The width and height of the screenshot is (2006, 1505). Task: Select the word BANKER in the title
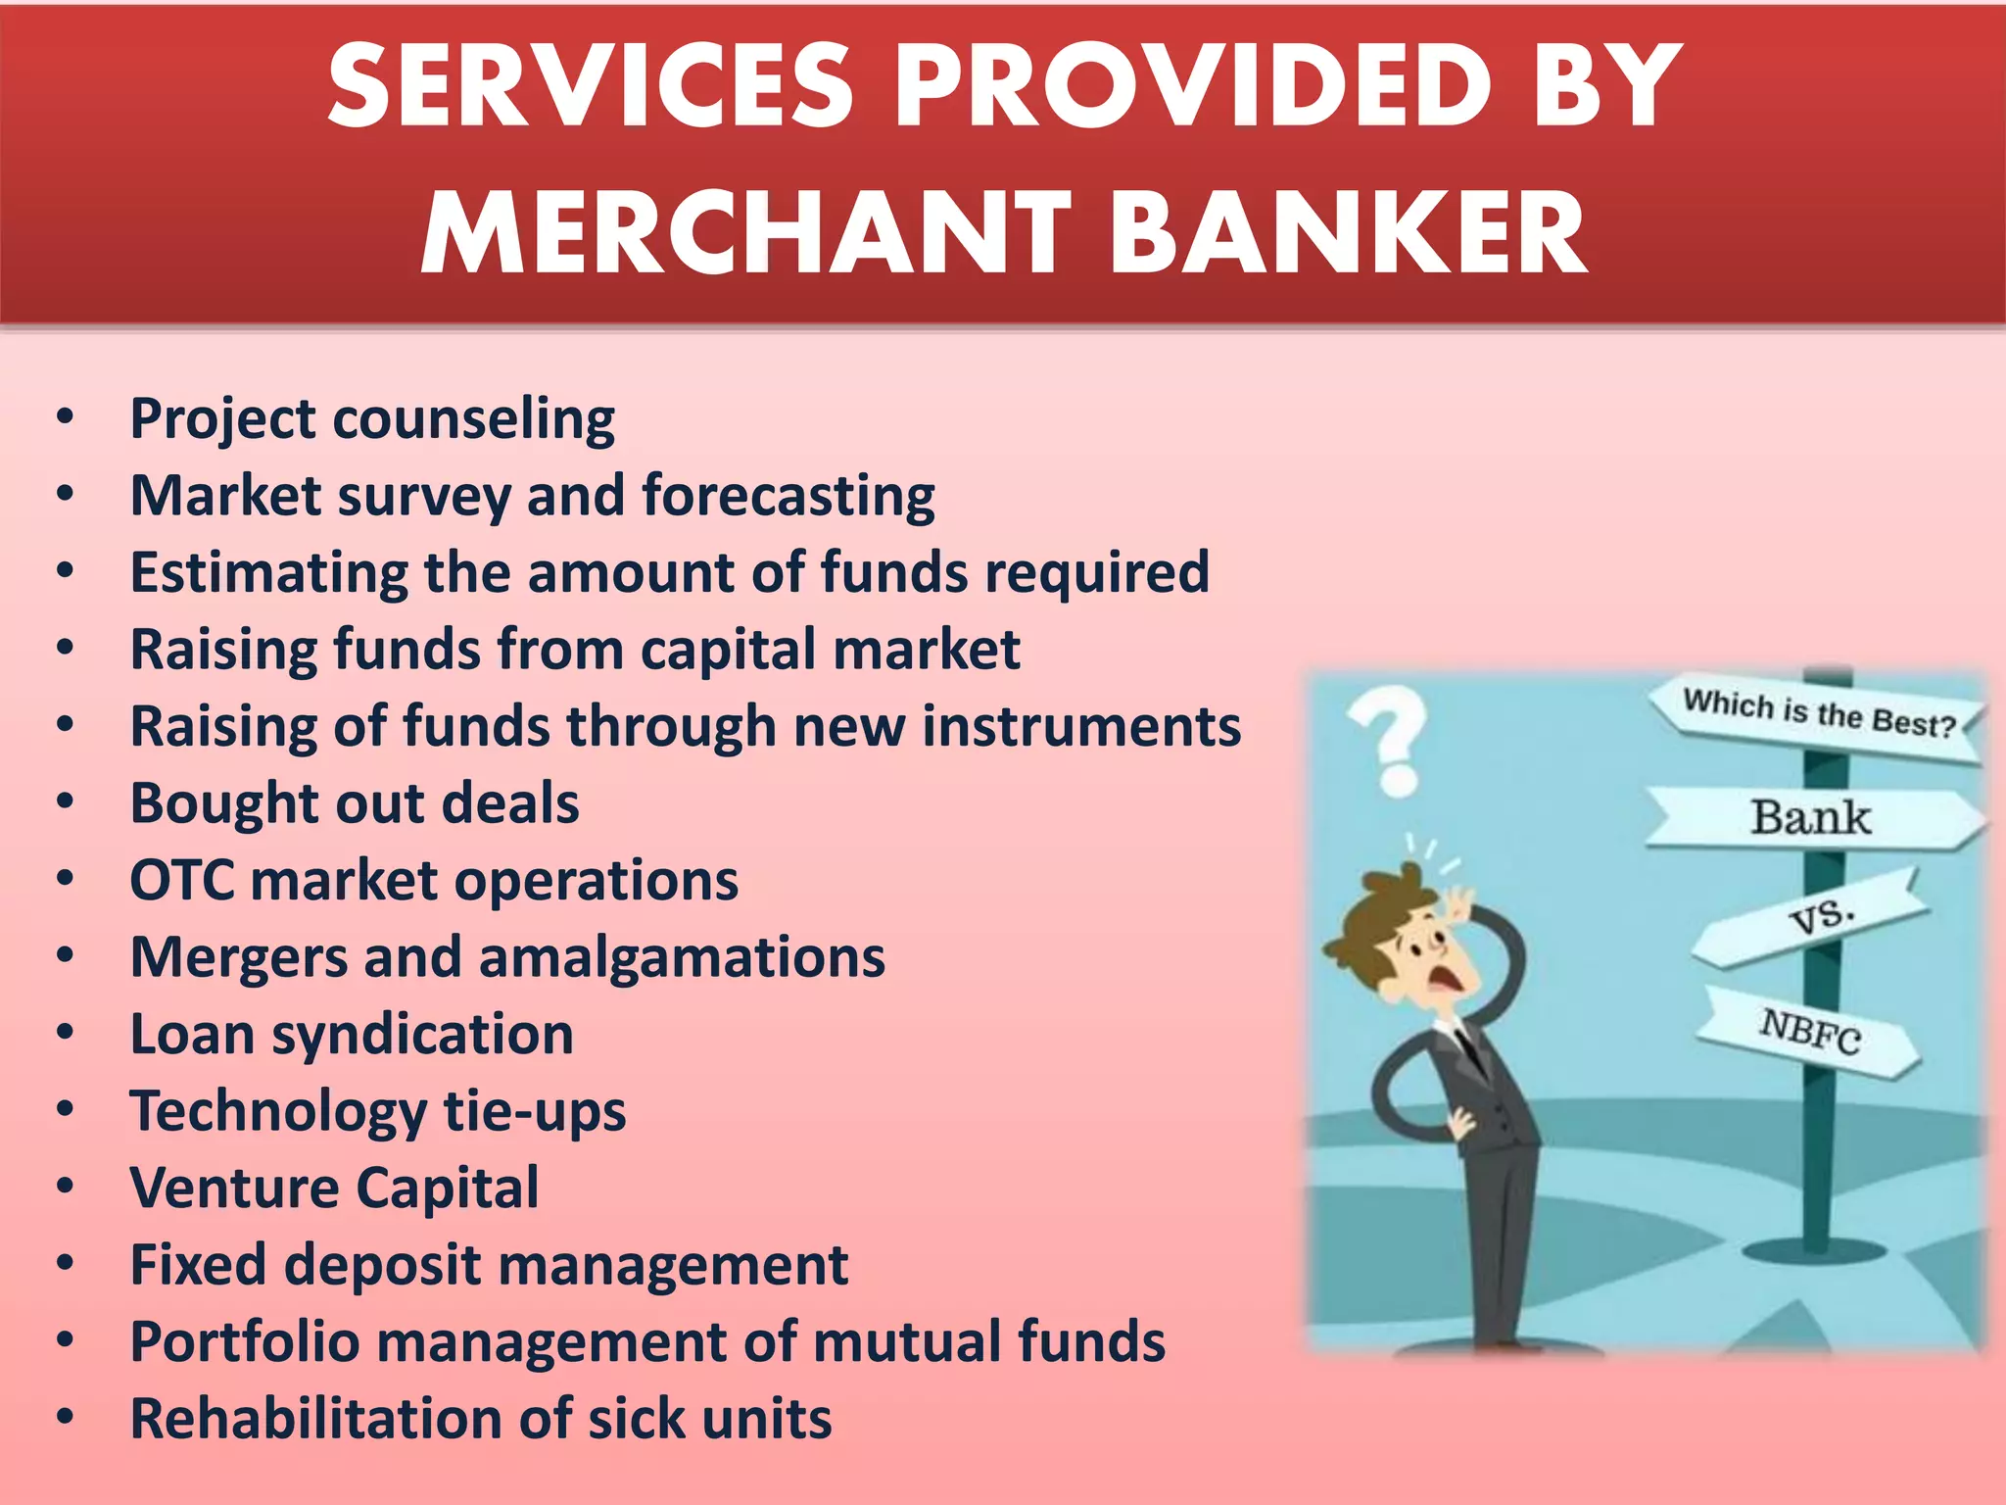pyautogui.click(x=1349, y=233)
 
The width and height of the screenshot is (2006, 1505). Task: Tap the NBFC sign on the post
pyautogui.click(x=1810, y=1031)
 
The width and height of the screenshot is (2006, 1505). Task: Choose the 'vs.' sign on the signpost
pyautogui.click(x=1820, y=917)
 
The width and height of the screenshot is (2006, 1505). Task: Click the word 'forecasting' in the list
pyautogui.click(x=788, y=496)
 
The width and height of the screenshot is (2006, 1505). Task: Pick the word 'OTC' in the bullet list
pyautogui.click(x=182, y=880)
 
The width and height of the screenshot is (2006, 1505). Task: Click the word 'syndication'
pyautogui.click(x=422, y=1035)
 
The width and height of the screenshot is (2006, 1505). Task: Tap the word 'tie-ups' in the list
pyautogui.click(x=535, y=1112)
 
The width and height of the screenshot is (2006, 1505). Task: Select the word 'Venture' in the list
pyautogui.click(x=235, y=1189)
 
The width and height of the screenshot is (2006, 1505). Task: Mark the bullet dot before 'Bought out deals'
pyautogui.click(x=66, y=802)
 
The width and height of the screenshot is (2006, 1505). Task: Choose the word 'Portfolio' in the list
pyautogui.click(x=245, y=1342)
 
